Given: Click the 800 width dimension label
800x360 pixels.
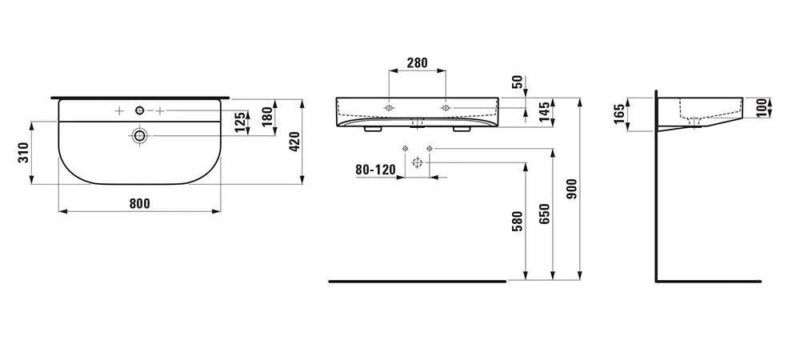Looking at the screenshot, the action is tap(139, 203).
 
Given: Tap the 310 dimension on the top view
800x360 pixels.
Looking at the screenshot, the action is tap(23, 153).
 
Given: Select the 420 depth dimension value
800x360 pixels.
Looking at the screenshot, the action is tap(294, 142).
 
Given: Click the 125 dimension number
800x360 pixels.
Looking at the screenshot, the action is tap(239, 123).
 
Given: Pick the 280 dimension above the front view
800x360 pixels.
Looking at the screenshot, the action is tap(417, 63).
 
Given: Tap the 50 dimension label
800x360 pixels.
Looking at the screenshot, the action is tap(517, 82).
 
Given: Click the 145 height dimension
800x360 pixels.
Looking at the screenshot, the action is tap(544, 112).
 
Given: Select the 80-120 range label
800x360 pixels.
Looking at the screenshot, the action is tap(375, 170).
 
